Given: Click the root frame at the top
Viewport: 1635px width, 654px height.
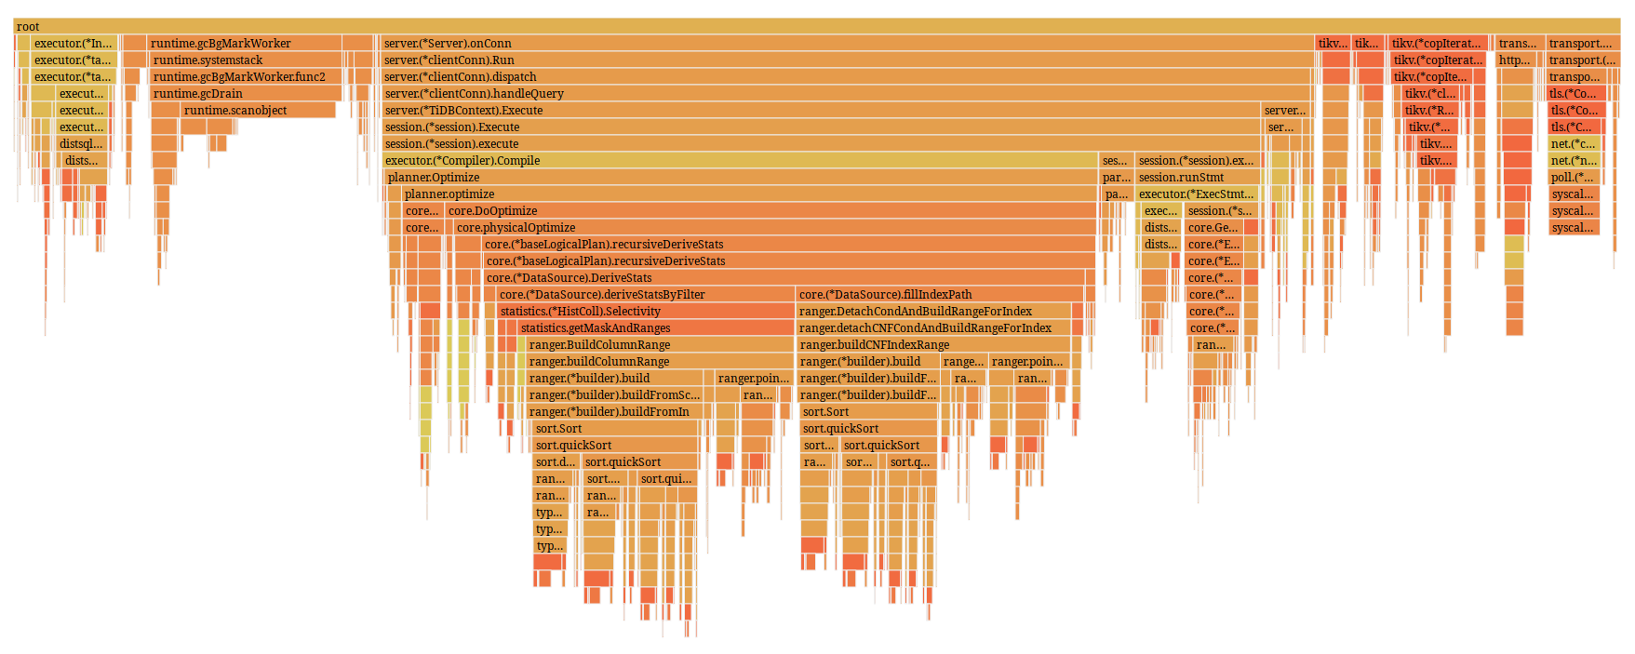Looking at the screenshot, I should [x=817, y=26].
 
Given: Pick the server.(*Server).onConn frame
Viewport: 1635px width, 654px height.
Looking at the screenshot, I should [x=847, y=43].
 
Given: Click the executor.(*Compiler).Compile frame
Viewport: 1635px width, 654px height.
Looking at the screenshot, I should [x=740, y=160].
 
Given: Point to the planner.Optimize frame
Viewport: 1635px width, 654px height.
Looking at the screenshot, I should [x=740, y=177].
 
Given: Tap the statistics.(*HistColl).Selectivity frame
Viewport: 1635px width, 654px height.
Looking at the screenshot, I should [x=645, y=311].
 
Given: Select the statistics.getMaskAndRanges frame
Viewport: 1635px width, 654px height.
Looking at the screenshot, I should [x=655, y=327].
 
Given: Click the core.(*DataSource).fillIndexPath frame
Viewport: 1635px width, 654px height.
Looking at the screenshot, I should [x=939, y=294].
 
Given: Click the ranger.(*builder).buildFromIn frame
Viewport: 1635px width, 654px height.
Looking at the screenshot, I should [x=614, y=411].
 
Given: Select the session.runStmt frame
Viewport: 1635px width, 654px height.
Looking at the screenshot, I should [x=1198, y=177].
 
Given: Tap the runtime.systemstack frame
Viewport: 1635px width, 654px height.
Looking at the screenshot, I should [x=246, y=60].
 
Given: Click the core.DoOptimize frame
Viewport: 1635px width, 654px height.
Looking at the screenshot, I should [x=770, y=210].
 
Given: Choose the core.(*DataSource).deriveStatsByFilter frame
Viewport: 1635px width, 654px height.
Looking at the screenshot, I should [x=645, y=294].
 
